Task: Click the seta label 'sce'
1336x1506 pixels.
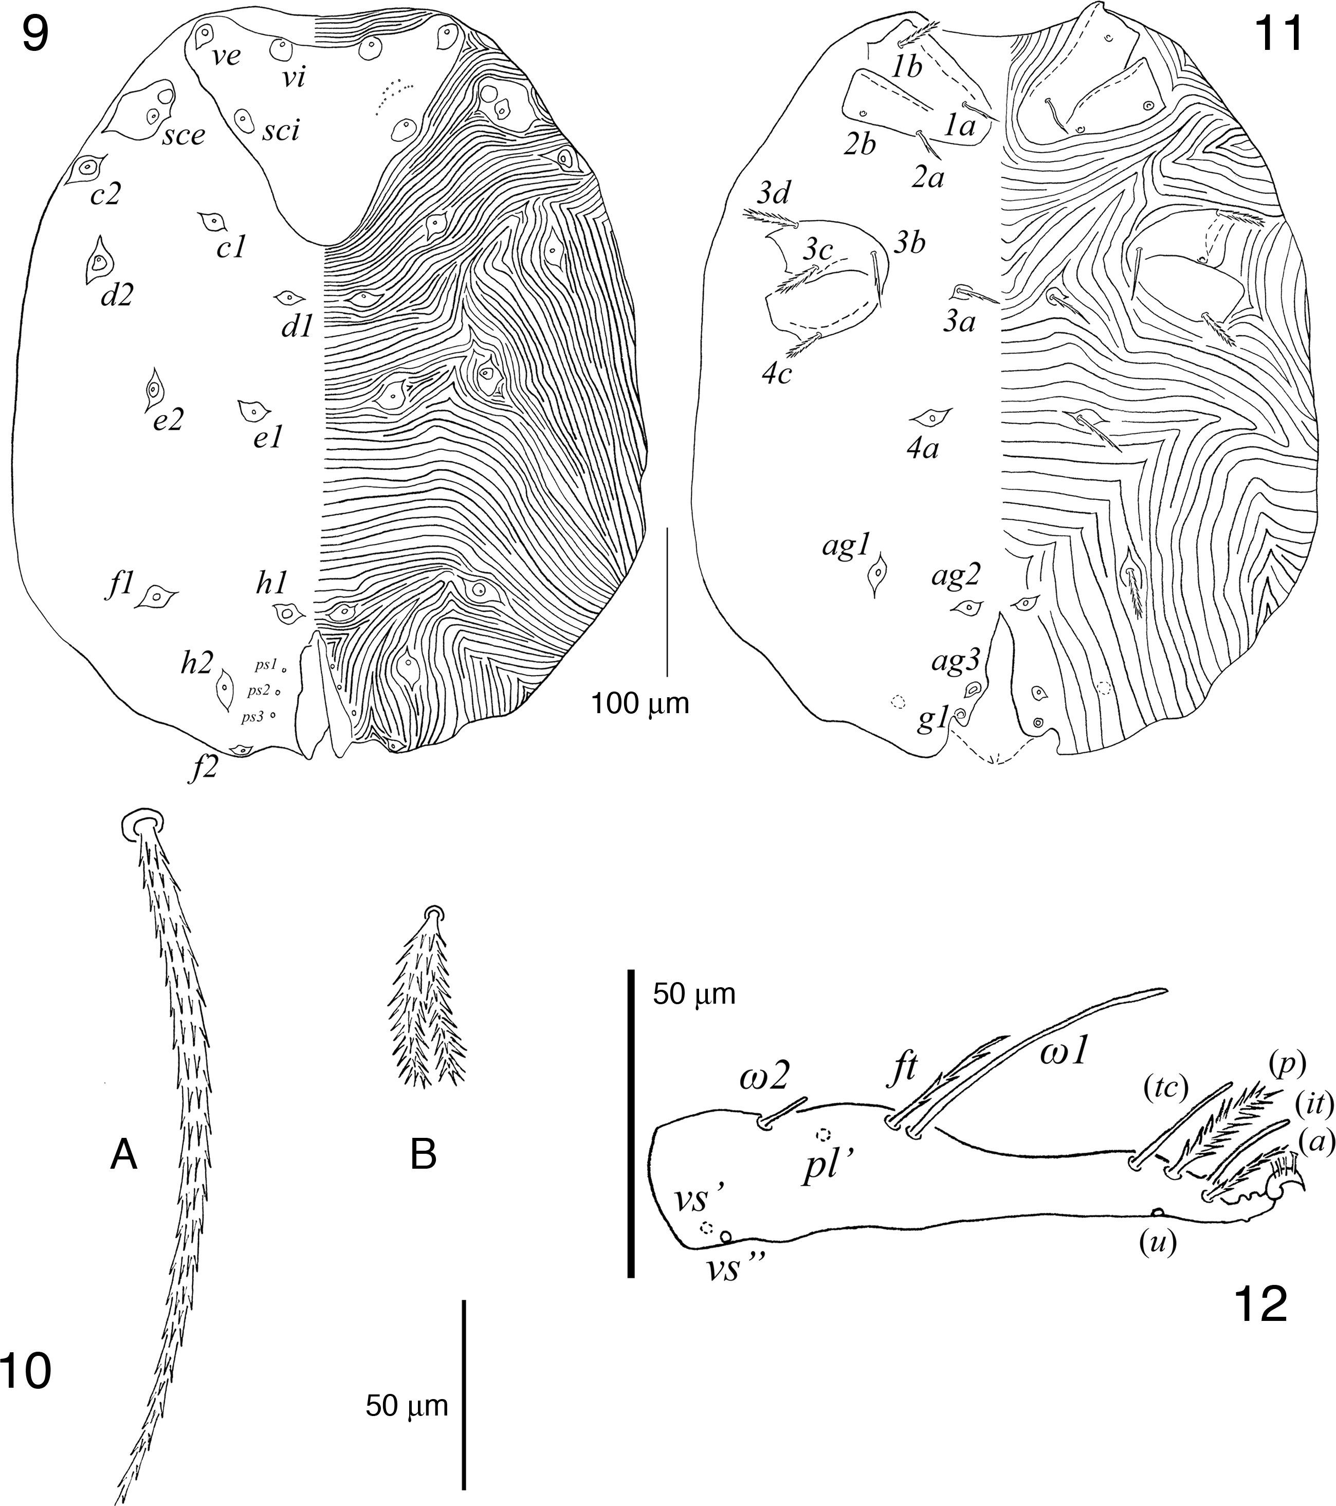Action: (x=184, y=136)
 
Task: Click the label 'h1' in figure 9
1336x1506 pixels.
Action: (x=272, y=584)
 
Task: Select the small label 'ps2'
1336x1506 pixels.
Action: (x=259, y=691)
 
